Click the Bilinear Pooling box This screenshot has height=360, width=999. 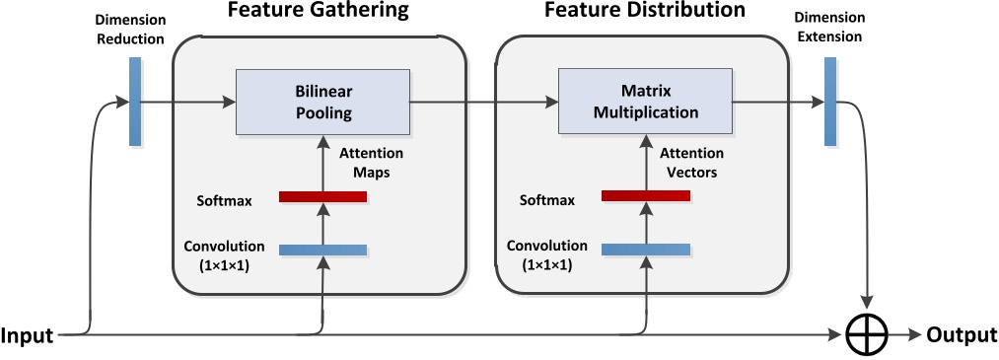323,102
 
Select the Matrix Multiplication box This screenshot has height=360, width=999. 645,102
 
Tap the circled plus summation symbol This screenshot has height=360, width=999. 867,335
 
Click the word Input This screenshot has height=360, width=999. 28,335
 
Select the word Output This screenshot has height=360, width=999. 962,335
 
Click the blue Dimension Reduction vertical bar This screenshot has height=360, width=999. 135,102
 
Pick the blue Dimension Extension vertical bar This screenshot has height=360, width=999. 830,102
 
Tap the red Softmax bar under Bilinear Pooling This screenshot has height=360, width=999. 322,197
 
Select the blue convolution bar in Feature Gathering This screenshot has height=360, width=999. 322,250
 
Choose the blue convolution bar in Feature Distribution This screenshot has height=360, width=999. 645,250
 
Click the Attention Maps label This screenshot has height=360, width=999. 371,163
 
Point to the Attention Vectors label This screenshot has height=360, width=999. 691,163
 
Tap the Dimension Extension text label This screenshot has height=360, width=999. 830,28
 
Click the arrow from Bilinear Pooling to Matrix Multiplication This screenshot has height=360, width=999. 483,102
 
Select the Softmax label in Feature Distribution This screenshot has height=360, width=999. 547,200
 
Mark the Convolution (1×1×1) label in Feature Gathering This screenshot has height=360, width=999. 223,254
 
